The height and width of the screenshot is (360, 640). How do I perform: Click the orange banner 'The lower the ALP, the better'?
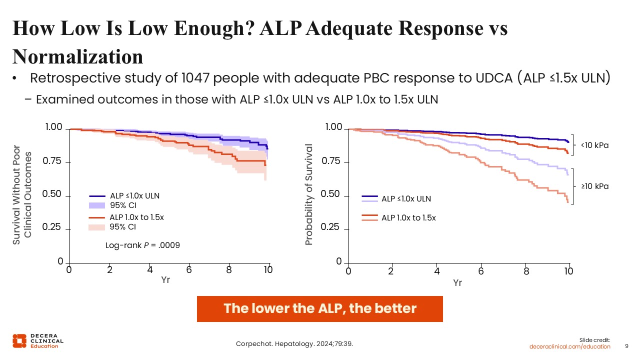click(319, 308)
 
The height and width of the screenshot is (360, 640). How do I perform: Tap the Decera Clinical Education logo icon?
click(19, 340)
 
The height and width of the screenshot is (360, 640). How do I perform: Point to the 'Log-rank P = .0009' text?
click(142, 245)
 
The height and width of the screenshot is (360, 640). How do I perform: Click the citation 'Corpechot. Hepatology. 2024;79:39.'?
click(297, 343)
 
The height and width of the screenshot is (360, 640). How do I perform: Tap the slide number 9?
click(627, 346)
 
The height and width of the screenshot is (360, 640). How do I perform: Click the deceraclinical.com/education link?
click(570, 346)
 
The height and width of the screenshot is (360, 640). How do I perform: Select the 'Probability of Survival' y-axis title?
click(308, 194)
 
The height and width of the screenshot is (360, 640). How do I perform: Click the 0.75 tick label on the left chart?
click(53, 162)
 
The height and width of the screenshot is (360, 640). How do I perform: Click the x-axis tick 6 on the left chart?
click(189, 270)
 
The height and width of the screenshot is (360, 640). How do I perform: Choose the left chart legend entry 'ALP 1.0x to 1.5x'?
click(136, 217)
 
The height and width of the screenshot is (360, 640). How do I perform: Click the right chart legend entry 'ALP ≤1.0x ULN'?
click(406, 199)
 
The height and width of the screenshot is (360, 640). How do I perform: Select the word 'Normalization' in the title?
click(78, 56)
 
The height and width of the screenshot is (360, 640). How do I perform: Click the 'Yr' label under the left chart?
click(165, 280)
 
